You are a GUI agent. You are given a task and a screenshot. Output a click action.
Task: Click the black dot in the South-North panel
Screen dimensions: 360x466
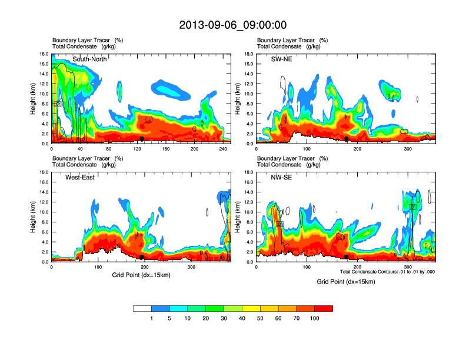(141, 139)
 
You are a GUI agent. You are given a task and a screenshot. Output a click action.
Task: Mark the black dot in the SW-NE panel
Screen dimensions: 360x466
(347, 139)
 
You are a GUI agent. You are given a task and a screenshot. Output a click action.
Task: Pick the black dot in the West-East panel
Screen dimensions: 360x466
(141, 257)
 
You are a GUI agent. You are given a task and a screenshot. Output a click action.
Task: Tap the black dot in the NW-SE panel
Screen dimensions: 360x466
(347, 257)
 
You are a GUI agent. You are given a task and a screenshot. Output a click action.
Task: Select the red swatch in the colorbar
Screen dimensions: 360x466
(324, 308)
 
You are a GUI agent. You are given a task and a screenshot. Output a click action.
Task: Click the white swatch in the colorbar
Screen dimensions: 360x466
(142, 308)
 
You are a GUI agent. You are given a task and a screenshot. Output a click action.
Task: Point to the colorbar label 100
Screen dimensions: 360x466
(315, 318)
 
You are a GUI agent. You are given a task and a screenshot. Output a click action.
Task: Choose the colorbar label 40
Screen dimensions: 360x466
(242, 318)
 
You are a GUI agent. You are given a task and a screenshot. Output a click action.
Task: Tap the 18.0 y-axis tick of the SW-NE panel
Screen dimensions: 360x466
(249, 54)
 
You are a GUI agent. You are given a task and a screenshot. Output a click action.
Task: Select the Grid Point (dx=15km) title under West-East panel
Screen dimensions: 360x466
(141, 275)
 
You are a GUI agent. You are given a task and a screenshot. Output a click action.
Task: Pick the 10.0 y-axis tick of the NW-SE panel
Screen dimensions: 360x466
(249, 212)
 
